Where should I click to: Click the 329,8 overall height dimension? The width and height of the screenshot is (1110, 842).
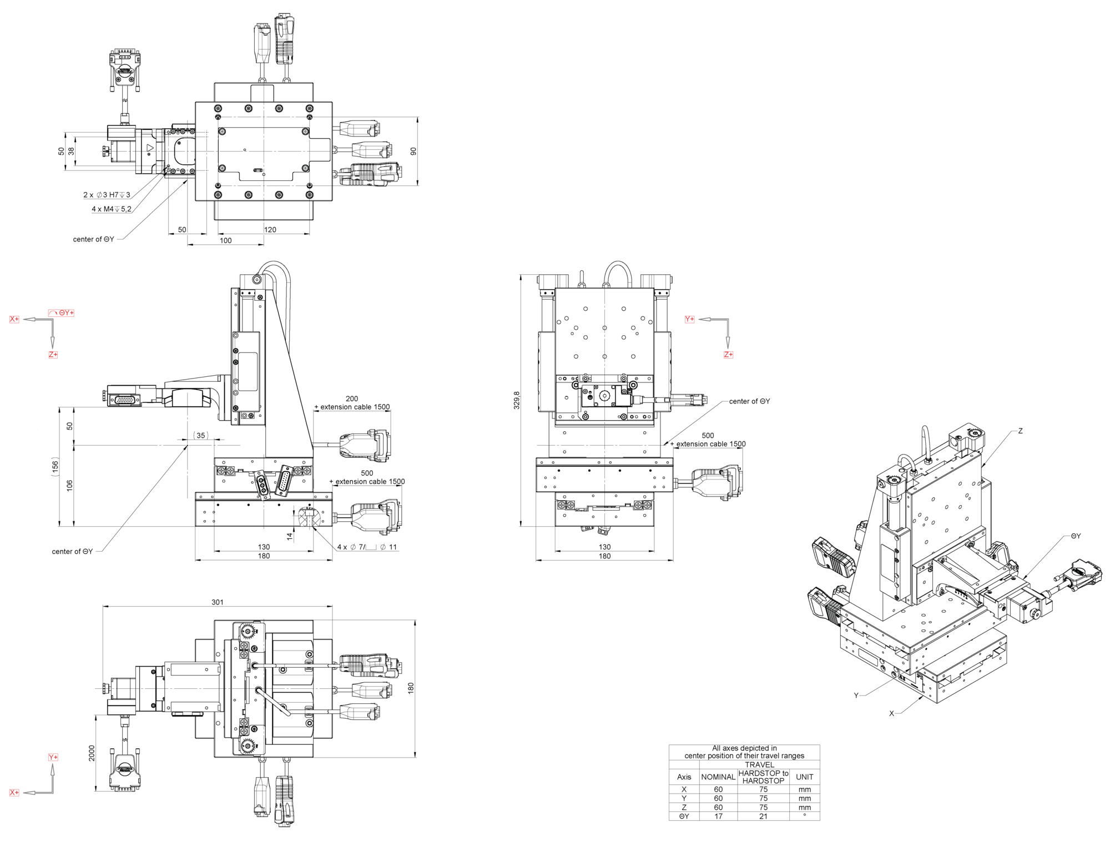pyautogui.click(x=517, y=400)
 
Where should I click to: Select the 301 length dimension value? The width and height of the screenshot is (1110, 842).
pyautogui.click(x=218, y=602)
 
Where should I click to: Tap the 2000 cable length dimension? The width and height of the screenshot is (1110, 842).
pyautogui.click(x=92, y=753)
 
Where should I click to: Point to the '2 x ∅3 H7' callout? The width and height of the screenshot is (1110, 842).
pyautogui.click(x=107, y=195)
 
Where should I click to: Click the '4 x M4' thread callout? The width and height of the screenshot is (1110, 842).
pyautogui.click(x=111, y=209)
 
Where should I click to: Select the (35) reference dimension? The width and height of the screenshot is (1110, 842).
pyautogui.click(x=201, y=436)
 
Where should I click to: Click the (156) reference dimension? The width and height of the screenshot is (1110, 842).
pyautogui.click(x=55, y=467)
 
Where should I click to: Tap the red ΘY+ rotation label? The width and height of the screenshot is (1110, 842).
pyautogui.click(x=62, y=313)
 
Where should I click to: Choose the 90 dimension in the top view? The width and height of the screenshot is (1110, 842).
pyautogui.click(x=413, y=151)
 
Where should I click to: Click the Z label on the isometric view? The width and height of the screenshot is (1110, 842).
pyautogui.click(x=1020, y=431)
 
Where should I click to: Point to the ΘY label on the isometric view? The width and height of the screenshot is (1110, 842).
pyautogui.click(x=1076, y=536)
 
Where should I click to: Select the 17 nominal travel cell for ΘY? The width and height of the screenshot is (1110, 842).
pyautogui.click(x=718, y=816)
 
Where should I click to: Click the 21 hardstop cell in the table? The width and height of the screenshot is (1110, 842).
pyautogui.click(x=763, y=816)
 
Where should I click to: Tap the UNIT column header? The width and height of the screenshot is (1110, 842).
pyautogui.click(x=804, y=777)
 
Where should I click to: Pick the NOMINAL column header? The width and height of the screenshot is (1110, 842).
pyautogui.click(x=718, y=777)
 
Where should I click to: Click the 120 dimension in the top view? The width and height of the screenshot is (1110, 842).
pyautogui.click(x=270, y=230)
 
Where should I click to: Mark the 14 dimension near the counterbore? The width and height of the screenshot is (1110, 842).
pyautogui.click(x=289, y=536)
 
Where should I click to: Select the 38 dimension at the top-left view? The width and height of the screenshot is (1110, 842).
pyautogui.click(x=71, y=150)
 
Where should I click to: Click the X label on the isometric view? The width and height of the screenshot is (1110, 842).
pyautogui.click(x=891, y=714)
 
